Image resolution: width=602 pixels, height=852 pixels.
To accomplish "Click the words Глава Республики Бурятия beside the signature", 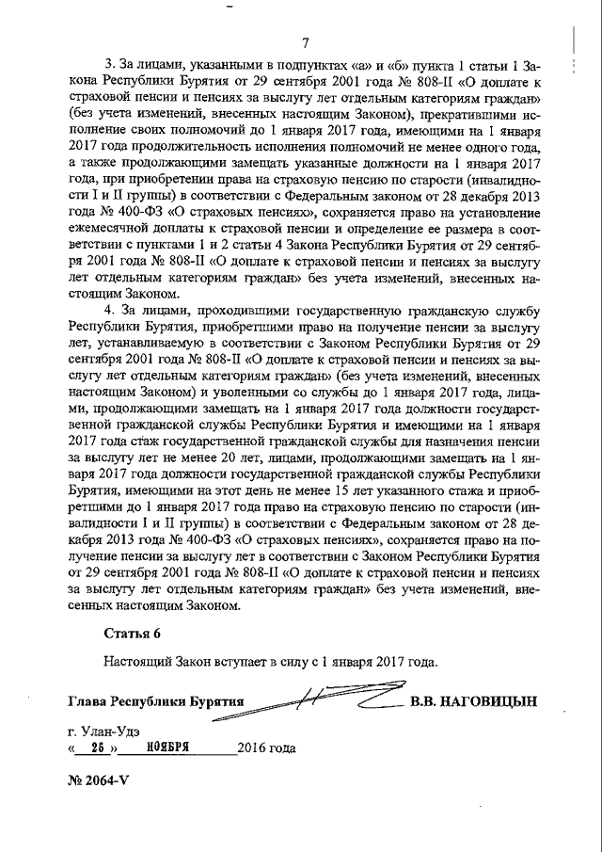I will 155,702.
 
